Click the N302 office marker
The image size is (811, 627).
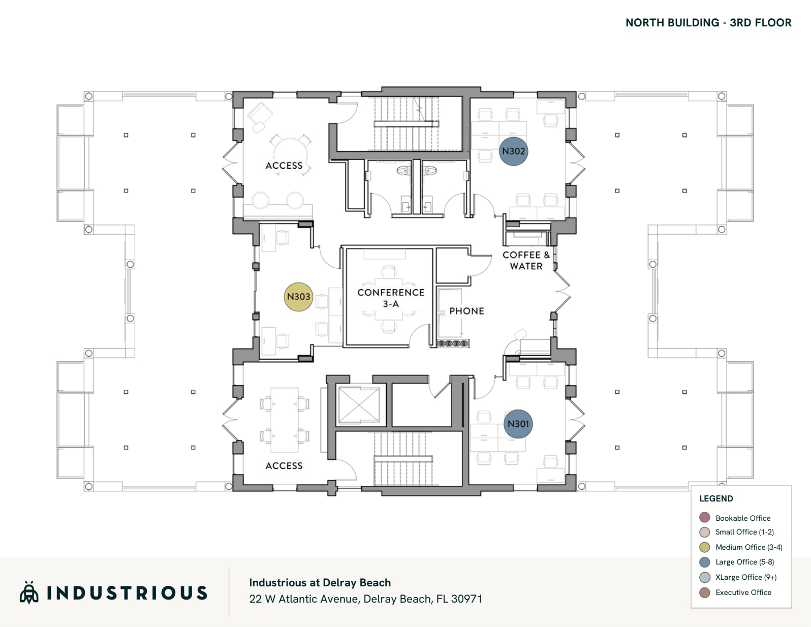(513, 151)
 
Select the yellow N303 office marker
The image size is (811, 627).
(298, 297)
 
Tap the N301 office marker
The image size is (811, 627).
(518, 424)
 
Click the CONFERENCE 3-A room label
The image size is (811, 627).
(391, 298)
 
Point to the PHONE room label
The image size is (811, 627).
(466, 311)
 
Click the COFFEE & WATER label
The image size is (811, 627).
(526, 261)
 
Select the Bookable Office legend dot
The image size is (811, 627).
(705, 517)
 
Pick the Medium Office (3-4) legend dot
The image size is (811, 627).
(705, 547)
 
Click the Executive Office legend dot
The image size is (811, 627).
(705, 592)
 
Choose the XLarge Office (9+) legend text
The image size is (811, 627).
(745, 577)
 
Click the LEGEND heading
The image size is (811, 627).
(716, 498)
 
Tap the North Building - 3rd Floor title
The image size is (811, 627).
(708, 23)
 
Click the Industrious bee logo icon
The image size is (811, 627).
(29, 592)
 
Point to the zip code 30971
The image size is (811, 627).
(466, 599)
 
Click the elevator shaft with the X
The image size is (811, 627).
(359, 405)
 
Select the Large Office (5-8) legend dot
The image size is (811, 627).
(705, 562)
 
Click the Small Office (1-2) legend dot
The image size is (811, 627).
(705, 532)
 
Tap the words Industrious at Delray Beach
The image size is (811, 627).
(320, 583)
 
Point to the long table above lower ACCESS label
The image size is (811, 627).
(285, 420)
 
